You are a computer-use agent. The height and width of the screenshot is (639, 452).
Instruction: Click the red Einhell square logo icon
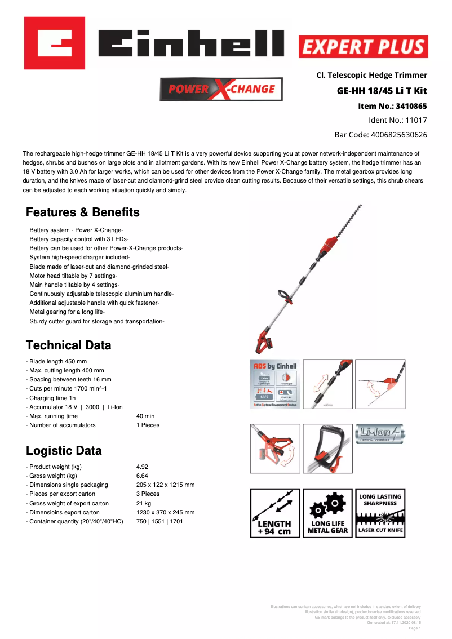(54, 43)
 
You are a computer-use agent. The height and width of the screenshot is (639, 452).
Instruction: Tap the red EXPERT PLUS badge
(363, 47)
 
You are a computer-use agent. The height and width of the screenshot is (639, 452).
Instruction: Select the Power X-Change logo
(221, 89)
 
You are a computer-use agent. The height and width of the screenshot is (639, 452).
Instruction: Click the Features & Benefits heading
(83, 212)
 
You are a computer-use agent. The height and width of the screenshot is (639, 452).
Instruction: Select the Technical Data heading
(69, 345)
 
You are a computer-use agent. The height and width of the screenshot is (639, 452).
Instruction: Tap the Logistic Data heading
(64, 451)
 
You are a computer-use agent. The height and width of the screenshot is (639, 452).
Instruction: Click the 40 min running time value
(145, 416)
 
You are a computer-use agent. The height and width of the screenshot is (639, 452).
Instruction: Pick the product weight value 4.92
(142, 467)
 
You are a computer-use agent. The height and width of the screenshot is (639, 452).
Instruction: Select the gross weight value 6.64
(142, 476)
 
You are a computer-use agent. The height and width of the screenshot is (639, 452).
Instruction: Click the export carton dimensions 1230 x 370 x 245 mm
(165, 512)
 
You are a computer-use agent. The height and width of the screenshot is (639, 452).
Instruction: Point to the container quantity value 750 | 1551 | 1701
(159, 521)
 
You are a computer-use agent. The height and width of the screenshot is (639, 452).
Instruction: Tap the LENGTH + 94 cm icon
(274, 513)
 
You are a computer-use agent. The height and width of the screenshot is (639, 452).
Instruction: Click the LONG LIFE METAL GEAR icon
(327, 513)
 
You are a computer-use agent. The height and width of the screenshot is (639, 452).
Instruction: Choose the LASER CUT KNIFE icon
(380, 513)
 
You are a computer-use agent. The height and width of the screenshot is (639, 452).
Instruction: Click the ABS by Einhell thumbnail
(274, 384)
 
